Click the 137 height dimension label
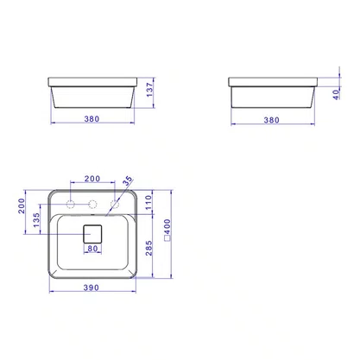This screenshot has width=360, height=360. [x=149, y=90]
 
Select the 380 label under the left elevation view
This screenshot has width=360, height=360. [x=92, y=119]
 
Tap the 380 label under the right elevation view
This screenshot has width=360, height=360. [x=272, y=120]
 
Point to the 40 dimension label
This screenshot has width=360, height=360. [x=336, y=94]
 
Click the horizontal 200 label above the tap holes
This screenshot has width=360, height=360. [x=92, y=179]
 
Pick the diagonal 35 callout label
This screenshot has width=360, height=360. [x=128, y=180]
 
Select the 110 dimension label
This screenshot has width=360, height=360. [x=148, y=202]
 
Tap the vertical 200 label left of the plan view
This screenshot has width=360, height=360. [x=22, y=205]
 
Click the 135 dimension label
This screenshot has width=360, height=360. [x=36, y=220]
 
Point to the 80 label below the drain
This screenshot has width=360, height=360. [x=92, y=249]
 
